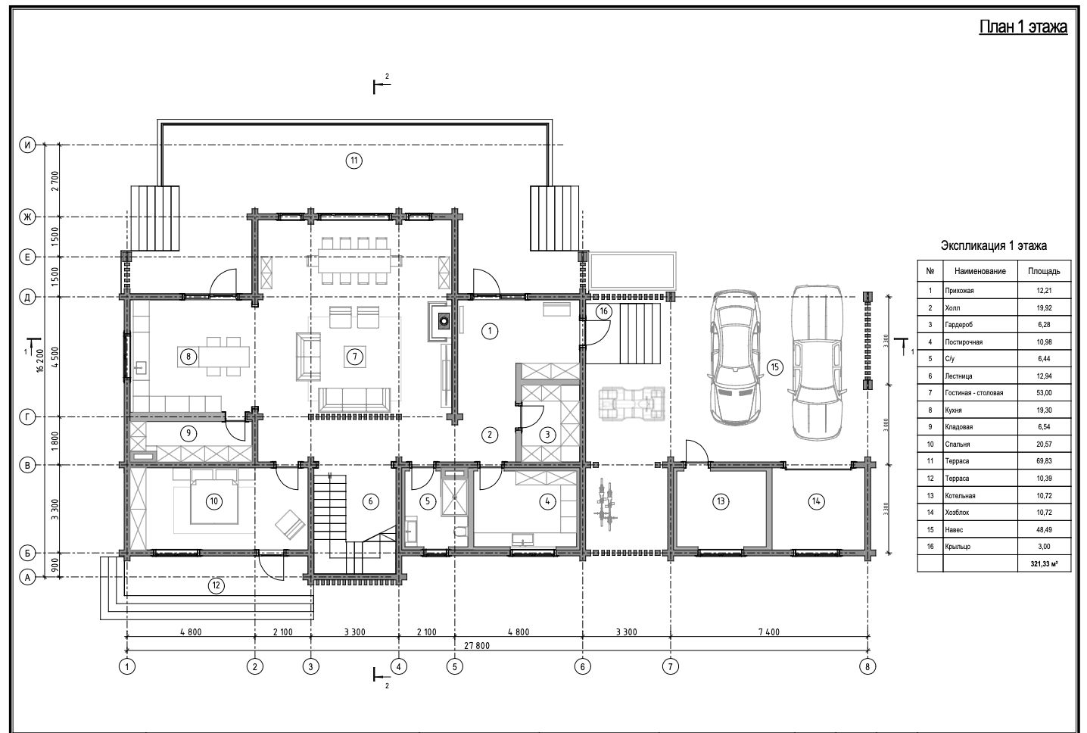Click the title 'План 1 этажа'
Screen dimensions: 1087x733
[x=1023, y=27]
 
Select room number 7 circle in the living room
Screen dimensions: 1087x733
[x=355, y=357]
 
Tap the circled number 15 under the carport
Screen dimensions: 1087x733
[x=775, y=367]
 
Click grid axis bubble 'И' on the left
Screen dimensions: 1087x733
[x=28, y=145]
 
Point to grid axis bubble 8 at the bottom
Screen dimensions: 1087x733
[x=867, y=666]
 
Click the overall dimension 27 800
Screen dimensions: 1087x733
[x=477, y=646]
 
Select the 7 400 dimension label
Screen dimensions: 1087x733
[x=768, y=632]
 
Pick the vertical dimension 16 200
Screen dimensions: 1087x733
[x=40, y=360]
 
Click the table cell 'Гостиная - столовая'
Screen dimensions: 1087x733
[x=974, y=393]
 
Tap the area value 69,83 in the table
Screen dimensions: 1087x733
[x=1044, y=460]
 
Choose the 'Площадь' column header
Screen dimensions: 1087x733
[x=1044, y=271]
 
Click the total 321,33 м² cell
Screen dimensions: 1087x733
[x=1045, y=563]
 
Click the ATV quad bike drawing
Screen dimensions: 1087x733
[x=632, y=403]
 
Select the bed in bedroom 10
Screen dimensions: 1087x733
[x=214, y=497]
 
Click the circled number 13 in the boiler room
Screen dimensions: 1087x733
[x=721, y=501]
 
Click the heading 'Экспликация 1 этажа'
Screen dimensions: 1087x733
[x=993, y=245]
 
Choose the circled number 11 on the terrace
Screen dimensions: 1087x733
[x=354, y=161]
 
